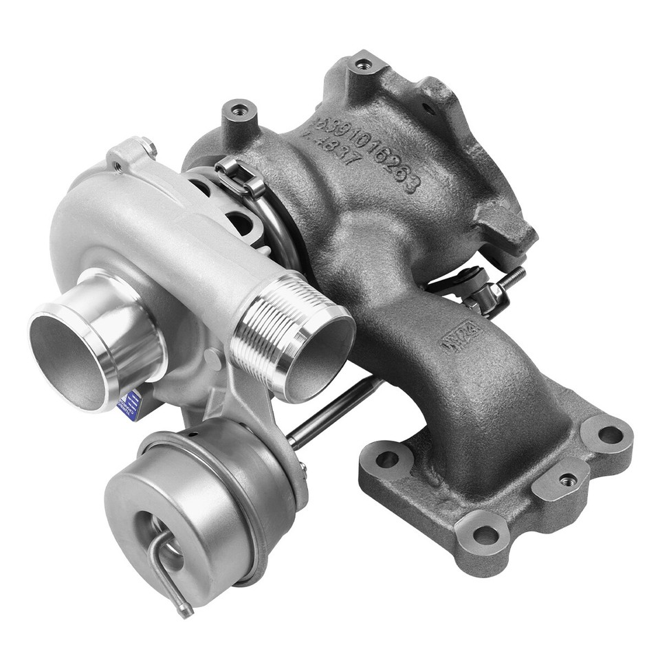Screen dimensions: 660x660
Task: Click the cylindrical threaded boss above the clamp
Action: (239, 113)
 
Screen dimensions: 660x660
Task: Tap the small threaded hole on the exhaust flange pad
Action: (567, 479)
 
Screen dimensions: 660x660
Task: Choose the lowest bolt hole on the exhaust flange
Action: (485, 534)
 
